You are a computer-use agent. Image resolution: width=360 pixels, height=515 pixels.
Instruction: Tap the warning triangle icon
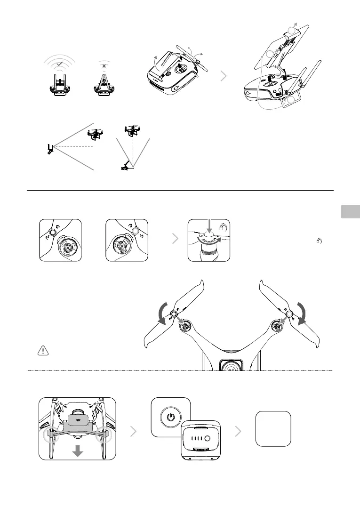click(x=43, y=350)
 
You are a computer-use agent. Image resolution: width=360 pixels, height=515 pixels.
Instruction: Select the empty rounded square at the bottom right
click(x=273, y=428)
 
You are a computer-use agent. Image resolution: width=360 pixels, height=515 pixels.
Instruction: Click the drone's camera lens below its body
click(x=228, y=362)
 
